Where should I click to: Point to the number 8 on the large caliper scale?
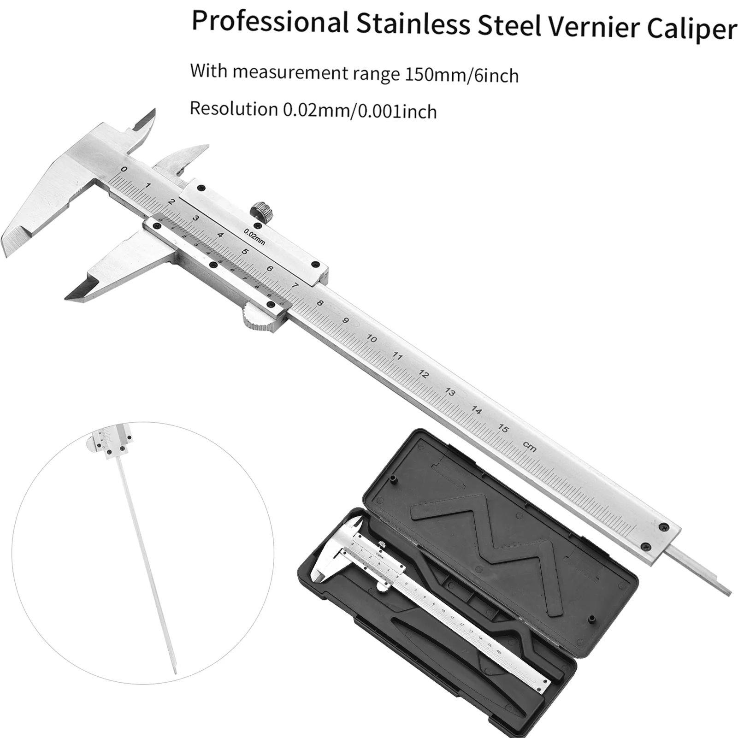[x=320, y=303]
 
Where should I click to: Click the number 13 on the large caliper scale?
[x=450, y=392]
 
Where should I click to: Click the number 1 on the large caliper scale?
[x=148, y=186]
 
